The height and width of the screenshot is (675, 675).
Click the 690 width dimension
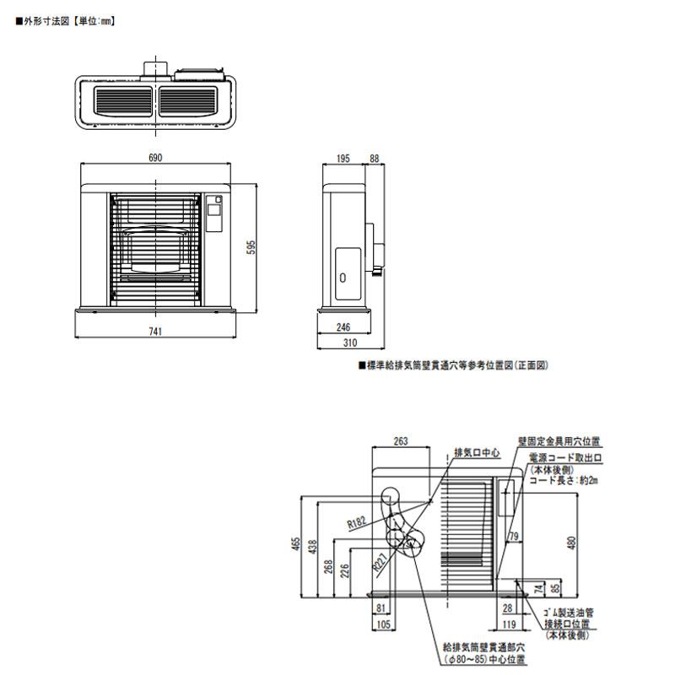155,158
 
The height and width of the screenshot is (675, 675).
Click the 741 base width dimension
156,332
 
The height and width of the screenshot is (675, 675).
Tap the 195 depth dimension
343,158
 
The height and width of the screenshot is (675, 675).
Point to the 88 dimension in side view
375,158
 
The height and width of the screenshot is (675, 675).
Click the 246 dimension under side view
343,328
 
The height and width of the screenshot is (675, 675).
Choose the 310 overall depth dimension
351,343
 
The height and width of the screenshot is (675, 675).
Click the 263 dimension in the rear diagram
401,440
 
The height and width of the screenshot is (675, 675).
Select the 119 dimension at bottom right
508,624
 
